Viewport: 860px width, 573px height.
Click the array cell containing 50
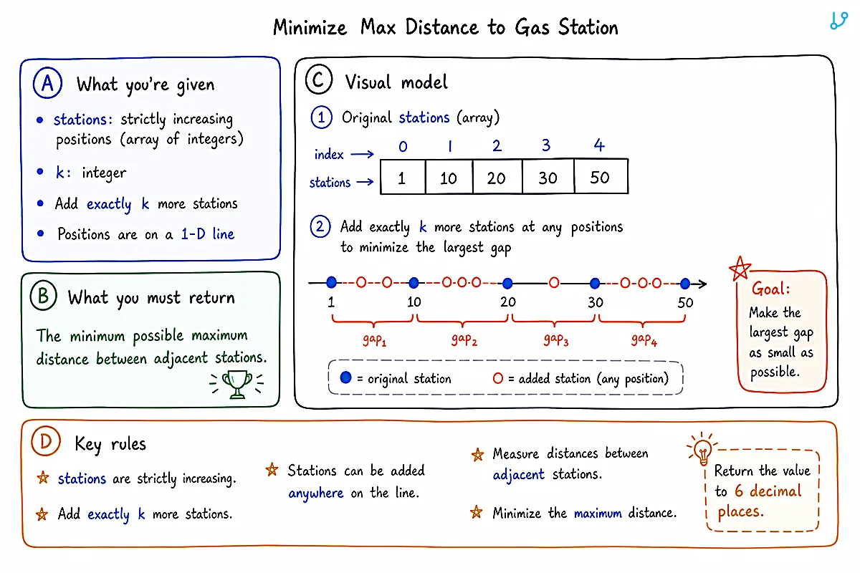point(601,176)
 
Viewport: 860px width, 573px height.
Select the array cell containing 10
point(449,177)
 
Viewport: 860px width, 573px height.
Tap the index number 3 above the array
point(546,145)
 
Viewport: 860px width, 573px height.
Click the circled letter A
point(47,83)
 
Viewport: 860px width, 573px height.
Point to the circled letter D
point(46,441)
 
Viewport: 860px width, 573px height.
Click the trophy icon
point(237,384)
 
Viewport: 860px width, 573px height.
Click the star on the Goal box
point(740,269)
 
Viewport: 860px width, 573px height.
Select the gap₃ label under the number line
point(556,340)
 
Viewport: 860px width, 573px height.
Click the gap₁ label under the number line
point(374,340)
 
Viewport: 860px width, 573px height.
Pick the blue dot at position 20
point(507,283)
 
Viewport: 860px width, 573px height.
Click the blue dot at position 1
point(331,282)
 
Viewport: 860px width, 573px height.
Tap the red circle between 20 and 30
point(554,283)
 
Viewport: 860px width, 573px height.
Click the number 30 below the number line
point(596,302)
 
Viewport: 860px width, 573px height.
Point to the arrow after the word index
point(363,154)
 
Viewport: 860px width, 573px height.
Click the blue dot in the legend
point(345,377)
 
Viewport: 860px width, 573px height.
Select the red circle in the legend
point(498,378)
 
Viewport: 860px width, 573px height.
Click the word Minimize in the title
point(310,28)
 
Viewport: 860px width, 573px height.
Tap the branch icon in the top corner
point(838,21)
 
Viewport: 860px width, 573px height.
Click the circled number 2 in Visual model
point(320,227)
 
